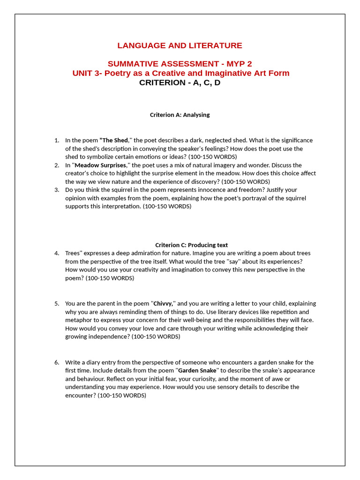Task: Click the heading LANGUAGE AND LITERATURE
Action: coord(180,45)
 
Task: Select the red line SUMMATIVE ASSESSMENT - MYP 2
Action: coord(180,64)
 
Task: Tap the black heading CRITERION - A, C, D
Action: coord(180,82)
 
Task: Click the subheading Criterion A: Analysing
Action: coord(180,115)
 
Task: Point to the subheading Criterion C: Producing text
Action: coord(191,245)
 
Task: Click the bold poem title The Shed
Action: coord(114,140)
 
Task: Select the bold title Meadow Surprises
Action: coord(101,165)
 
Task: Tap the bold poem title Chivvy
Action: coord(163,303)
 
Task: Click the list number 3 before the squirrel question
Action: coord(57,190)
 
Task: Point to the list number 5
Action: coord(57,303)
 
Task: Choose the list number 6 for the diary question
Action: coord(57,362)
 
